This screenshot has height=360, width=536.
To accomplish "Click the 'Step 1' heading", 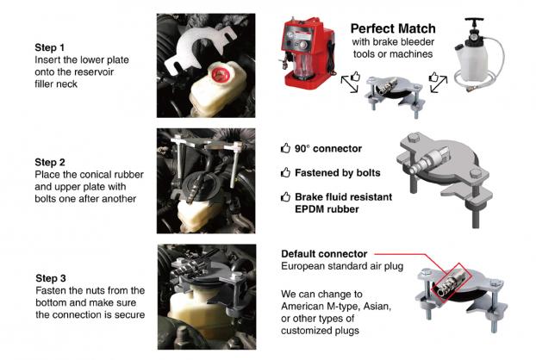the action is point(50,47).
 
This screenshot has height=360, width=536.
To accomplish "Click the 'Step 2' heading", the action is point(50,162).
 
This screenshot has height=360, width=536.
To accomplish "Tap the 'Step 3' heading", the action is point(51,278).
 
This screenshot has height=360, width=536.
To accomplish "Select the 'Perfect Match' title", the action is point(393,28).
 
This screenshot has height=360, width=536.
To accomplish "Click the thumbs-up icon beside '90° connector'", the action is point(285,148).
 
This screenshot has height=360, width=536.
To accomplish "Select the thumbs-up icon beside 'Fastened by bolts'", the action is point(285,172).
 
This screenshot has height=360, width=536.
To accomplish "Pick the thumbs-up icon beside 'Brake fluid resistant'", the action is point(285,196).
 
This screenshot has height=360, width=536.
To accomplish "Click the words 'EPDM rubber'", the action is point(327,209).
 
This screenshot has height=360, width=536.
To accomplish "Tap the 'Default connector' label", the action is point(324,254).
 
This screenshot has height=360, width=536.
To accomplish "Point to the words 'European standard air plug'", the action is point(342,266).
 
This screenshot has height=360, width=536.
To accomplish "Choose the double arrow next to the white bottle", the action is point(439,84).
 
